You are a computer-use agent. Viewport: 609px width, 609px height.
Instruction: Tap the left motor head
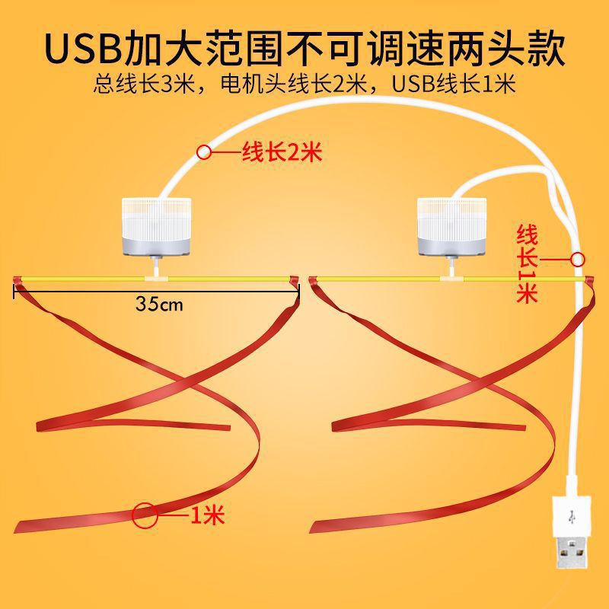[158, 225]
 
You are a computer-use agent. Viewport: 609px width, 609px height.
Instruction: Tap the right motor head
[451, 225]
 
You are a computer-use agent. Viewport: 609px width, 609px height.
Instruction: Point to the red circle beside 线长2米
[204, 152]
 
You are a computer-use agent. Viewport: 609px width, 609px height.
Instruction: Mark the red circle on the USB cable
[579, 259]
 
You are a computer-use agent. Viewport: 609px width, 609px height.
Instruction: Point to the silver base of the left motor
[158, 244]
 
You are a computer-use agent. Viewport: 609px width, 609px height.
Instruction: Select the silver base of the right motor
[451, 244]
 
